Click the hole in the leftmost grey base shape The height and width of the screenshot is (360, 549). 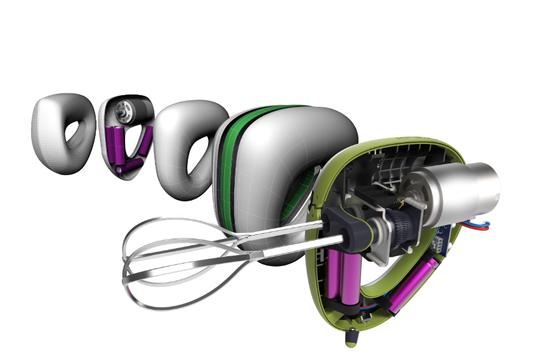[73, 135]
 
